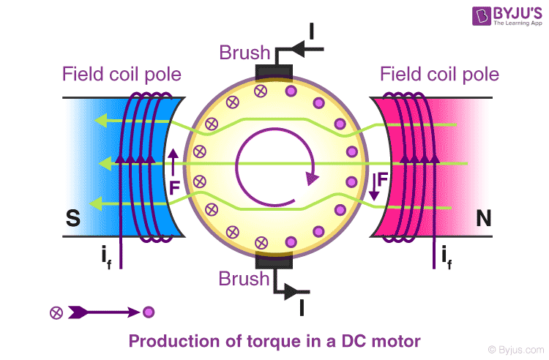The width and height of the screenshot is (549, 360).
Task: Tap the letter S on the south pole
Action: pos(72,219)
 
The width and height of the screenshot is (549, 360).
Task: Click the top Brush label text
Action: pos(244,53)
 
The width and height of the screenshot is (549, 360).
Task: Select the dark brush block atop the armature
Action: pos(273,73)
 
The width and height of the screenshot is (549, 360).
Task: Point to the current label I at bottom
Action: pos(302,307)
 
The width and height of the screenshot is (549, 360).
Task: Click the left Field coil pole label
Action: pos(122,74)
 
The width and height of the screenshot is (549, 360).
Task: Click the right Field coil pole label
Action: pos(439,74)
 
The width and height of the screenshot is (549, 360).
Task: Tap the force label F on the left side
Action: pos(173,187)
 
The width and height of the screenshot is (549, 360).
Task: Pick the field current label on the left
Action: pos(107,257)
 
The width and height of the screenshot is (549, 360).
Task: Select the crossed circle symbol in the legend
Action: pos(56,312)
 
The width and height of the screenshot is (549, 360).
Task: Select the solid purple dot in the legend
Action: pos(149,312)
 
